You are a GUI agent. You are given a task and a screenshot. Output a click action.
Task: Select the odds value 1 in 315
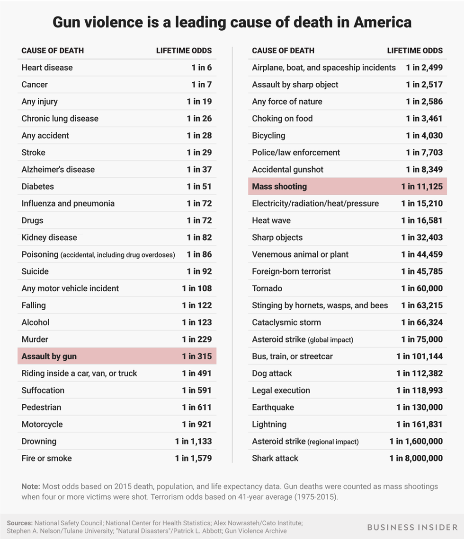coord(196,356)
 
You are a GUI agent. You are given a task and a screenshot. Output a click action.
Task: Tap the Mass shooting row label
coord(279,187)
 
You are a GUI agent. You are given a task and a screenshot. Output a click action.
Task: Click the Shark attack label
coord(275,458)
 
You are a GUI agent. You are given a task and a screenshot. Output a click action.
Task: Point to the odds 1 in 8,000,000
coord(416,458)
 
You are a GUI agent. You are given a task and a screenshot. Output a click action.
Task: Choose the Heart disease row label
coord(47,68)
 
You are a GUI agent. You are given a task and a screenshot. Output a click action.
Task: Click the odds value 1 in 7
coord(202,85)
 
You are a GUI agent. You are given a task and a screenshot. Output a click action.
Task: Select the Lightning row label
coord(269,425)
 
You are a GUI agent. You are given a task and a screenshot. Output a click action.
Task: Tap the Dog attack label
coord(272,374)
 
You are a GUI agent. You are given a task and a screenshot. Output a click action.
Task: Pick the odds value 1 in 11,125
coord(421,187)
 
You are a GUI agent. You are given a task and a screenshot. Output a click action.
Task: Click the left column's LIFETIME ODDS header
coord(184,51)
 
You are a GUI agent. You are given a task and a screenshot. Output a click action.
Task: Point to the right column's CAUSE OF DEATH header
coord(283,51)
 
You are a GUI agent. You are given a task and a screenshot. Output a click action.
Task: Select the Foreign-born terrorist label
coord(291,271)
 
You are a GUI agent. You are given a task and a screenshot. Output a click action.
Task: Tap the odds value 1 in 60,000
coord(421,288)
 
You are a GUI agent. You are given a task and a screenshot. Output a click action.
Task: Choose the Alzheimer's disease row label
coord(58,170)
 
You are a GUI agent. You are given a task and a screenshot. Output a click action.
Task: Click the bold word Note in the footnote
coord(30,486)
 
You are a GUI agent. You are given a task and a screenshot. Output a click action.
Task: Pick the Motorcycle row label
coord(42,425)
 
